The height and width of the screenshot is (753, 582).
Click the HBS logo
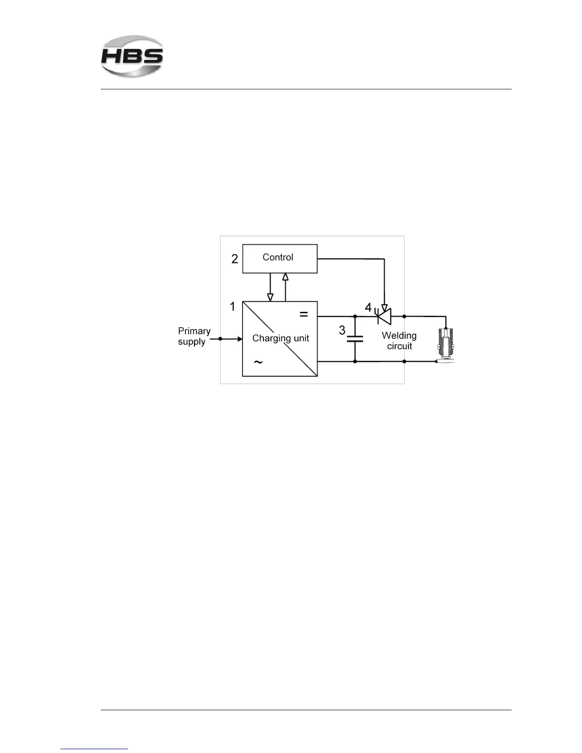coord(132,56)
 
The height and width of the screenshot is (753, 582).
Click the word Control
coord(278,257)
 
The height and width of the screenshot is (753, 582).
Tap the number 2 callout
coord(234,259)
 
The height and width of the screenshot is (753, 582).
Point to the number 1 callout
coord(233,307)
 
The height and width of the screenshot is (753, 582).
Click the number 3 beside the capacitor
coord(342,330)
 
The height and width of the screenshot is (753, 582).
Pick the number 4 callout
coord(368,308)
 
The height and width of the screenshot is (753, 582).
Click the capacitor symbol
coord(355,338)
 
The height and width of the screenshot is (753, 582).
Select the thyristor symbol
coord(384,316)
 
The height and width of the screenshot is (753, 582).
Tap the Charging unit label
coord(281,338)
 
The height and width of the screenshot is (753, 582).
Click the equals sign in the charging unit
coord(303,314)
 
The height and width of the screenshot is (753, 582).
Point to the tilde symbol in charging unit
coord(258,363)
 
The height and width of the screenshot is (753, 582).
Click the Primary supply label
coord(194,336)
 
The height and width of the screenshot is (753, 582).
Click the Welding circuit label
coord(399,341)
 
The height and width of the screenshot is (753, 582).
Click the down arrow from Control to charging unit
coord(270,288)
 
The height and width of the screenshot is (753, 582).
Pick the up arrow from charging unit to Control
coord(285,287)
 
